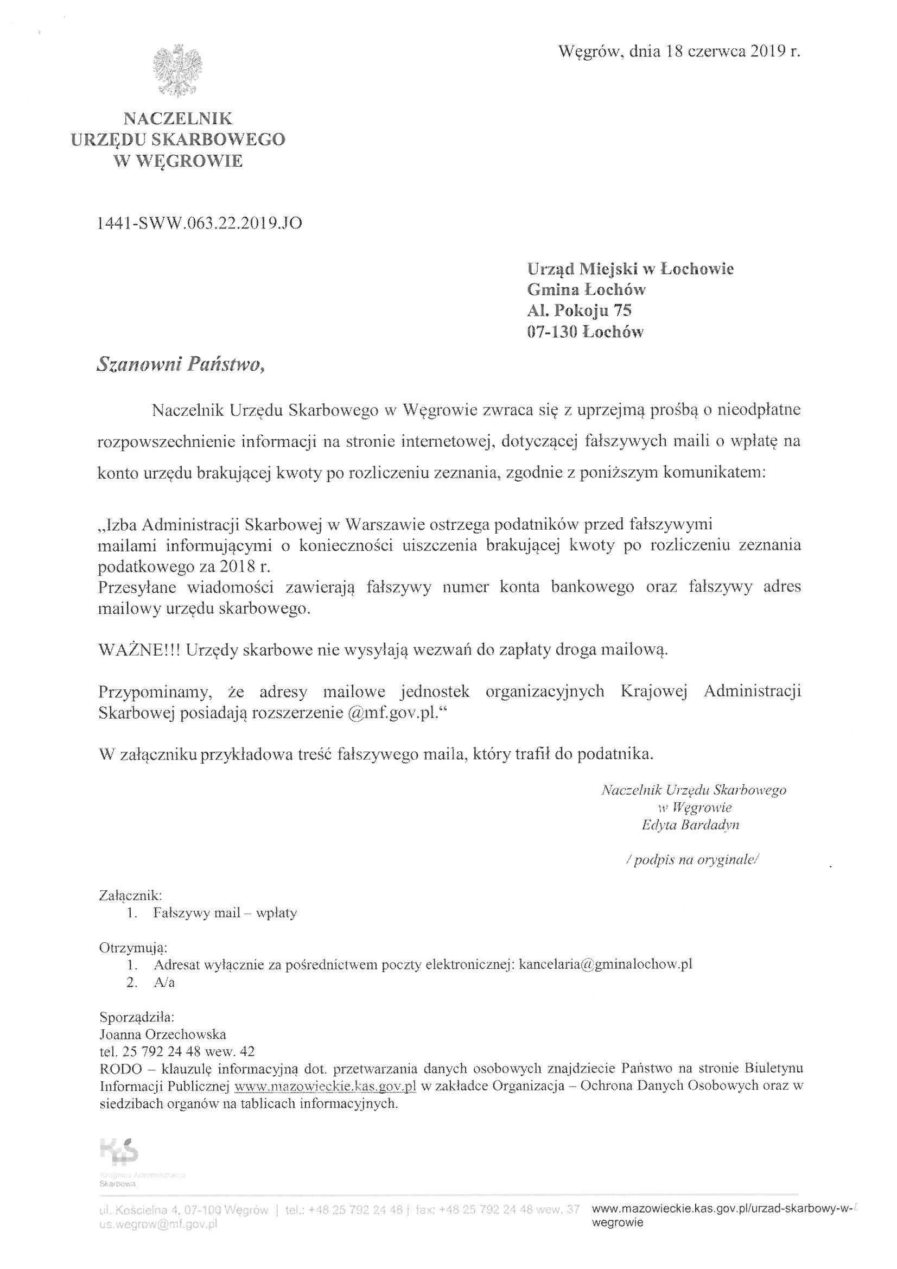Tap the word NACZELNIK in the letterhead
(178, 118)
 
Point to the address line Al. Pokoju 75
(578, 310)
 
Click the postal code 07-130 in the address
(552, 332)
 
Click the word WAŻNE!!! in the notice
(139, 650)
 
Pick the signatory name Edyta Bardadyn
(690, 825)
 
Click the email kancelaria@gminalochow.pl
(606, 965)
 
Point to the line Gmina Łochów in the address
(587, 290)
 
